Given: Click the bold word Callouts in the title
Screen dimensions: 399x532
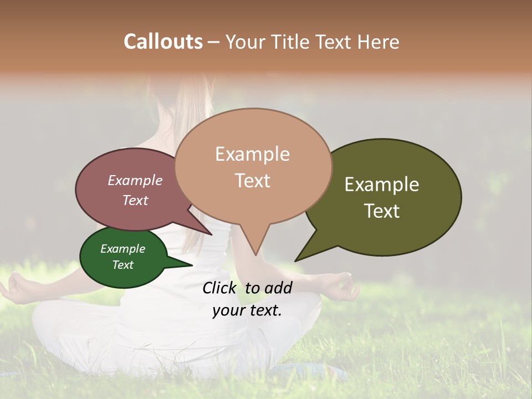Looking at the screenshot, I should click(x=163, y=42).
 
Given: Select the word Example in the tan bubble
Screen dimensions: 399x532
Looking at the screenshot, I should click(x=252, y=154).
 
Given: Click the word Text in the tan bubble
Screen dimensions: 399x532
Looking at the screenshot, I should click(x=252, y=181).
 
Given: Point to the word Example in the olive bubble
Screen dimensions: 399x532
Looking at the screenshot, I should click(x=382, y=185).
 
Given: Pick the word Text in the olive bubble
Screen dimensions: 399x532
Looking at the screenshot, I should click(x=382, y=211).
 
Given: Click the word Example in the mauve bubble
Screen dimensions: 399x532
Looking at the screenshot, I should click(x=135, y=180).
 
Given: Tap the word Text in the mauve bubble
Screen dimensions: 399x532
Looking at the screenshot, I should click(x=135, y=200).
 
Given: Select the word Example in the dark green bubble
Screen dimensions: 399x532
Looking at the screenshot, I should click(x=122, y=249).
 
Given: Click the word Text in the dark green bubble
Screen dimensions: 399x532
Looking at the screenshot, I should click(x=122, y=265).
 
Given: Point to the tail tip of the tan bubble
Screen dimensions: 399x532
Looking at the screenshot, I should click(x=255, y=254).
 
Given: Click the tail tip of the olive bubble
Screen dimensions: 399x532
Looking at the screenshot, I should click(x=296, y=260).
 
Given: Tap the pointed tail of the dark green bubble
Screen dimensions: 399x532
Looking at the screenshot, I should click(x=191, y=265).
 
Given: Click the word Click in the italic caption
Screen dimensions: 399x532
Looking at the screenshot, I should click(x=221, y=288).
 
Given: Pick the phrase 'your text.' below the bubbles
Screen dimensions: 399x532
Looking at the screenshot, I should click(x=247, y=310).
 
